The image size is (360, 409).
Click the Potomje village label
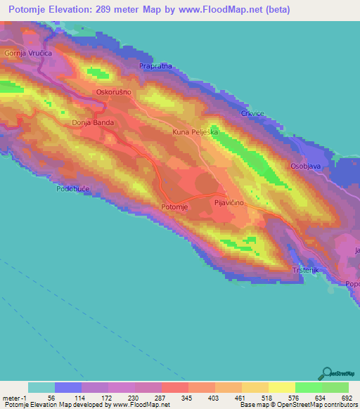click(176, 207)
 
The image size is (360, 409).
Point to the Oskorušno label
click(114, 92)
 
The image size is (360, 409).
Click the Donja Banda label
click(93, 122)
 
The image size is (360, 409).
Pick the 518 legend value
click(267, 398)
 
